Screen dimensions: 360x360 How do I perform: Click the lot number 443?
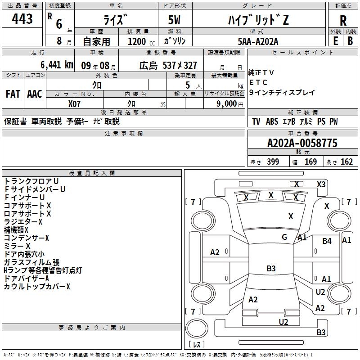[22, 19]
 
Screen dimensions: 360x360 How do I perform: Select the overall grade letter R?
[343, 21]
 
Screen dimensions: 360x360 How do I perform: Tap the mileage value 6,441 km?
[57, 65]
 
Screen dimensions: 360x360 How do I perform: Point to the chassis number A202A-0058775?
[302, 143]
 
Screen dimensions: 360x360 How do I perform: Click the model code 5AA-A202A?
[258, 41]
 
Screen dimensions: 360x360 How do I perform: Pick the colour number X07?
[74, 104]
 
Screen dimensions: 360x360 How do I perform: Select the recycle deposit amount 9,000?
[227, 103]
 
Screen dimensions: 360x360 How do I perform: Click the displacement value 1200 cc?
[141, 41]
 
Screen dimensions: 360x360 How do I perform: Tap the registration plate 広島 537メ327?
[168, 66]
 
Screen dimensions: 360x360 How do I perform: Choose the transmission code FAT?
[13, 94]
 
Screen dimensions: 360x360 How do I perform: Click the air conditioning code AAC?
[35, 94]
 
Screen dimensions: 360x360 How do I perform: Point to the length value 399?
[273, 162]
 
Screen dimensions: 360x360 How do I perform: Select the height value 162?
[346, 162]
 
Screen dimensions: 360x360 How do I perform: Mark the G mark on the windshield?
[284, 237]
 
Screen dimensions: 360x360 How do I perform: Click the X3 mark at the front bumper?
[321, 184]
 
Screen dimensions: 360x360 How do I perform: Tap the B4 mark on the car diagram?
[327, 241]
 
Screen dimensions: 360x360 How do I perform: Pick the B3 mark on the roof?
[271, 268]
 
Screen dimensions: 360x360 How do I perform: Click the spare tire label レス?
[197, 344]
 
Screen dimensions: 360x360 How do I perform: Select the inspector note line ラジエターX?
[23, 222]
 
